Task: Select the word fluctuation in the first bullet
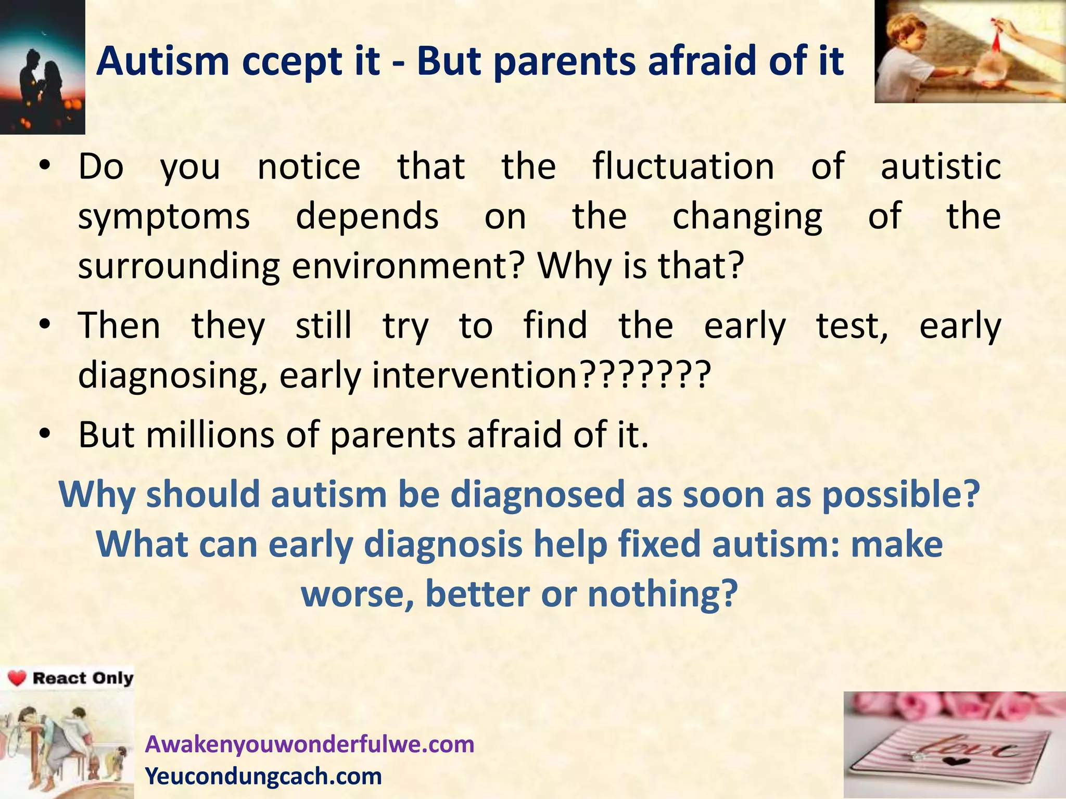(683, 167)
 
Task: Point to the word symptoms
(164, 217)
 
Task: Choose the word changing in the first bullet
(747, 217)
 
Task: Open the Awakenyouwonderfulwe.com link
(310, 744)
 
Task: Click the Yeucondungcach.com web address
(263, 776)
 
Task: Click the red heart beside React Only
(17, 678)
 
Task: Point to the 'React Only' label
(82, 678)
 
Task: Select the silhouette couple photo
(42, 67)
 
